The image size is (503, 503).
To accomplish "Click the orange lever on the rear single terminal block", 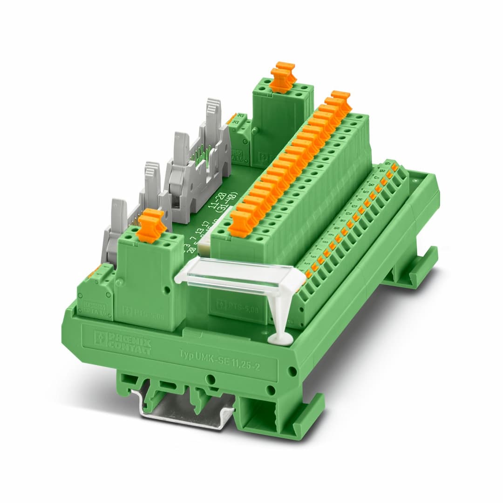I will coord(283,76).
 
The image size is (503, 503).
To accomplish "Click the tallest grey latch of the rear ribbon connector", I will coord(213,116).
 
